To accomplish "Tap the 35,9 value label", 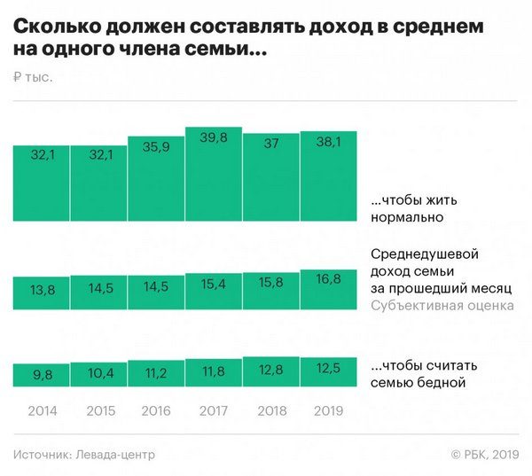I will [156, 145].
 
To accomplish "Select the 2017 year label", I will [213, 411].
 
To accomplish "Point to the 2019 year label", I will [328, 411].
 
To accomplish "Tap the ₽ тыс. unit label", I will [33, 78].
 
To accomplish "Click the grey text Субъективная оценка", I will [442, 307].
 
